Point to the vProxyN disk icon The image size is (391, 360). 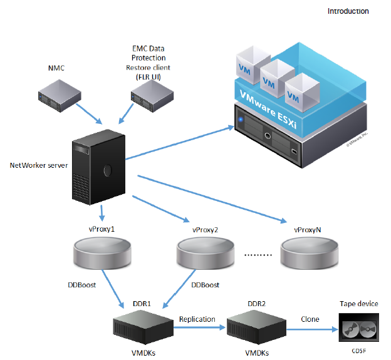[x=306, y=253]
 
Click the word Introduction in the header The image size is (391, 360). [x=348, y=11]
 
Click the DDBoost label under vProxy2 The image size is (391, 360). [x=205, y=285]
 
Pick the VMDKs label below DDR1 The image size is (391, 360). [x=143, y=353]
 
